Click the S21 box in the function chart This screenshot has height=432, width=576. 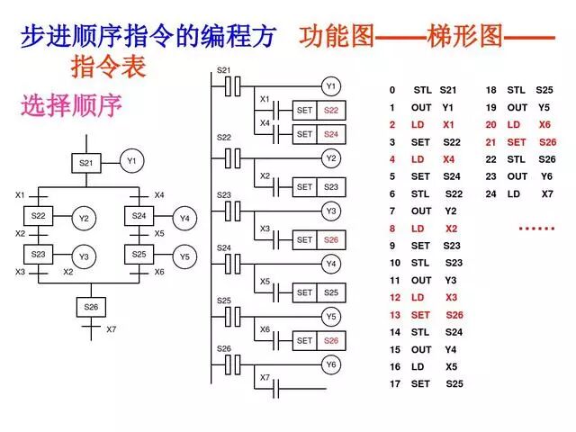85,163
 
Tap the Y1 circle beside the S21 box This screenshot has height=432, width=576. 131,162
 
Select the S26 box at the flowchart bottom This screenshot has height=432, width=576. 91,307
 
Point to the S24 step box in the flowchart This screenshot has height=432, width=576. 139,216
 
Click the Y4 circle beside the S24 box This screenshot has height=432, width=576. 184,218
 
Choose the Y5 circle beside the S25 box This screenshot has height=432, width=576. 184,256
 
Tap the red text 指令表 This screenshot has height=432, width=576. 107,67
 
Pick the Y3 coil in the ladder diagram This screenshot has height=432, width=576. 331,211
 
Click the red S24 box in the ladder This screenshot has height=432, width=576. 331,134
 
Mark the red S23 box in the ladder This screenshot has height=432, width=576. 331,187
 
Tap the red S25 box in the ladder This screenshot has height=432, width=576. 331,292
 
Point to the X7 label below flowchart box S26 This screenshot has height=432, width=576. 112,329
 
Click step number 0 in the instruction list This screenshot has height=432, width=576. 392,91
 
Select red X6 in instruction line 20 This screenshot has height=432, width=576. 544,125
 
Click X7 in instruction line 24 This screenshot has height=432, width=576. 547,193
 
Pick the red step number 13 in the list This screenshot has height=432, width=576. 394,315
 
